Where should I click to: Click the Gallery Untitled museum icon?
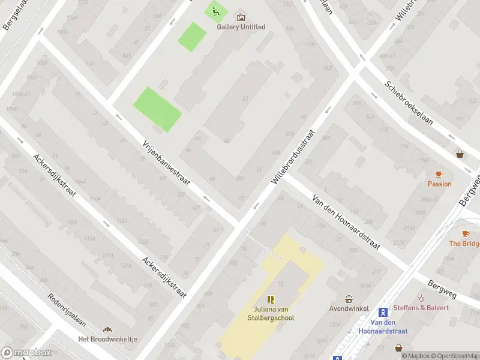point(241,17)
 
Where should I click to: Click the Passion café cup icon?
point(439,174)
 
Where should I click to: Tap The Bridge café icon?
point(466,233)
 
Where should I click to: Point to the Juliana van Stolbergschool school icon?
point(271,299)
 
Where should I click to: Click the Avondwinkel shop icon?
point(349,299)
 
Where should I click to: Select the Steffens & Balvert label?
point(421,308)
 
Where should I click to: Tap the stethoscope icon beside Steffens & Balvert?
point(421,297)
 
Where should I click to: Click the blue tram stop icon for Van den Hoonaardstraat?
point(383,312)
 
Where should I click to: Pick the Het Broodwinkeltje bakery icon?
point(108,329)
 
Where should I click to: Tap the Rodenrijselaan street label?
point(67,310)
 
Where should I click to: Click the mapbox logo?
point(26,352)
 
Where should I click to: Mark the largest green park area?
point(157,109)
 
